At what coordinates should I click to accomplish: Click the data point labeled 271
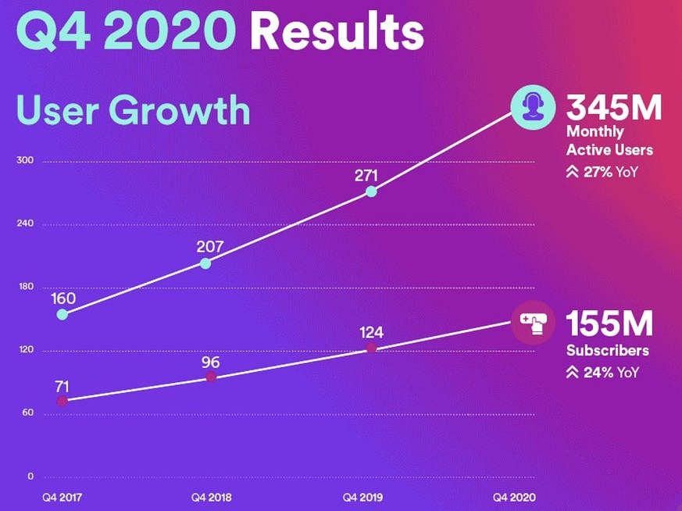(x=371, y=191)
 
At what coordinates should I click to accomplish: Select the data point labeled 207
(x=205, y=263)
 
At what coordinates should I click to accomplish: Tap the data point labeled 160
(x=62, y=315)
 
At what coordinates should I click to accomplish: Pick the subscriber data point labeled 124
(x=371, y=348)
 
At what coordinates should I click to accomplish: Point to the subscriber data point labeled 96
(x=211, y=377)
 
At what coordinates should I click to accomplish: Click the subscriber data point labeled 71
(x=62, y=401)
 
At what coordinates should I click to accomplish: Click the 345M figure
(x=614, y=108)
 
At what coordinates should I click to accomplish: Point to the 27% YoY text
(x=602, y=172)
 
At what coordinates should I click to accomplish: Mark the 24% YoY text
(x=602, y=373)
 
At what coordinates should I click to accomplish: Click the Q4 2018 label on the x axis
(x=211, y=496)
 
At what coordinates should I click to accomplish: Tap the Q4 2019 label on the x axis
(x=362, y=496)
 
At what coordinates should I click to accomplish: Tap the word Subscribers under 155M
(x=608, y=351)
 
